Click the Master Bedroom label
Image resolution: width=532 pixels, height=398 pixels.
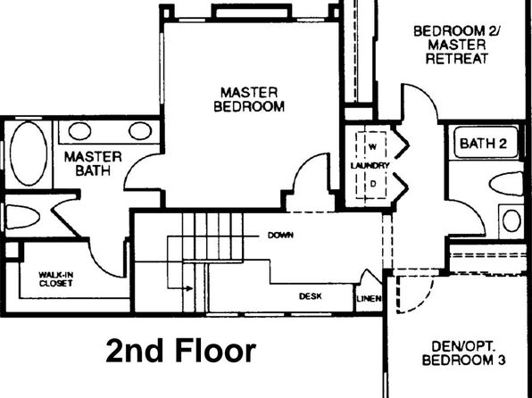249,99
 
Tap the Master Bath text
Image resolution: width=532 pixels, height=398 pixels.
93,163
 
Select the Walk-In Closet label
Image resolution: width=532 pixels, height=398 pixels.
56,279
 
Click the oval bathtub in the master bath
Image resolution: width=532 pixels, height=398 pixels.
29,153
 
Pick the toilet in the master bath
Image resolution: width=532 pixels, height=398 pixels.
21,217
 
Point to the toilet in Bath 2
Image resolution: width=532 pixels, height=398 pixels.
506,184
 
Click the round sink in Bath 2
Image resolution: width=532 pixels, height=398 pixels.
511,220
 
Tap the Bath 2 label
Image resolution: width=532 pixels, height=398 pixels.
483,143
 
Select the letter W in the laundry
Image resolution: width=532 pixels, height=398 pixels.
372,147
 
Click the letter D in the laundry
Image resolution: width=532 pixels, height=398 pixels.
373,184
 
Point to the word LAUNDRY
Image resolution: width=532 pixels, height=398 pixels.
370,166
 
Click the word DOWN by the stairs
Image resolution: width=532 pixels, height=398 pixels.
280,235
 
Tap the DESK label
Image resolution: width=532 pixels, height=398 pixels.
311,296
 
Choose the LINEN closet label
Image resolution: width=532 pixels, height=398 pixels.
370,299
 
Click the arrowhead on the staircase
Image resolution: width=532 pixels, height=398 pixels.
189,289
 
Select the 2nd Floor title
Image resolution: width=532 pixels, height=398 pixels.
181,351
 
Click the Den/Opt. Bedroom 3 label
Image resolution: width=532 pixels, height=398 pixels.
463,353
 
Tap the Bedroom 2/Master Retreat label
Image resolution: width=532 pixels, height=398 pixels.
457,45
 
